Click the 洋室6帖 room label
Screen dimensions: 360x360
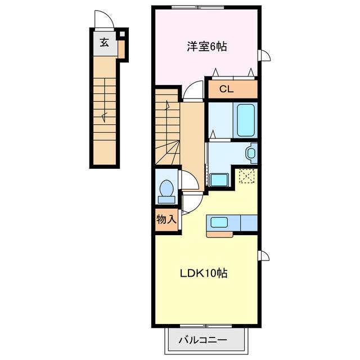point(207,47)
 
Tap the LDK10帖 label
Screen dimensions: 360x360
point(204,273)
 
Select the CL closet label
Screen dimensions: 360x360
point(226,89)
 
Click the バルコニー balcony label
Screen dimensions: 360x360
point(202,340)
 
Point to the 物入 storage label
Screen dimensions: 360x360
point(166,219)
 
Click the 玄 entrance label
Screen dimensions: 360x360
point(105,43)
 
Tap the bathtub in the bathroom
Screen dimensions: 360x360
point(246,120)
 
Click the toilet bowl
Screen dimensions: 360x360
point(166,188)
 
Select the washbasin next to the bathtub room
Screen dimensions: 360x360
point(251,153)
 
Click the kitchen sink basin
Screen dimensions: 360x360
point(219,222)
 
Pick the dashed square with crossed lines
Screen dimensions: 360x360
point(247,176)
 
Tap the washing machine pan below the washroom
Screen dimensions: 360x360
point(219,180)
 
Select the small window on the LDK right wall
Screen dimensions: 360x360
point(264,255)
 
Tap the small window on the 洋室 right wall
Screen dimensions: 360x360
point(264,55)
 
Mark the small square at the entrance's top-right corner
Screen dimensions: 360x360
point(123,34)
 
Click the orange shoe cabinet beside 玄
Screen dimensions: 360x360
point(121,49)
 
